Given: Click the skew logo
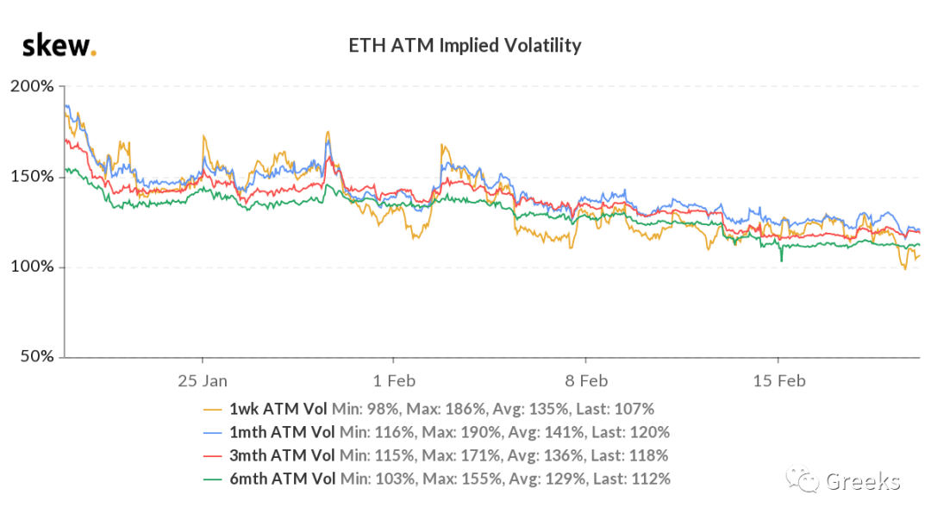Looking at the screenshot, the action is (59, 46).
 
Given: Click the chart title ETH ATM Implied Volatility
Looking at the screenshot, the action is (465, 46).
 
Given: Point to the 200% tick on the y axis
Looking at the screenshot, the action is (32, 86).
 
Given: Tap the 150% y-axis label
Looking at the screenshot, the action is (32, 177).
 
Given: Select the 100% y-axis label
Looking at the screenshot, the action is (32, 266).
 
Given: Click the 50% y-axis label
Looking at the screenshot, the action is (37, 356).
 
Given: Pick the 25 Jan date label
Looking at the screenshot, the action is (203, 381).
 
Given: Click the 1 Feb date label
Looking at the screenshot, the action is (394, 381).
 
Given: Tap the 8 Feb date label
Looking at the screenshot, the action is (586, 381).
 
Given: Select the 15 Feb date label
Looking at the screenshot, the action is (779, 381).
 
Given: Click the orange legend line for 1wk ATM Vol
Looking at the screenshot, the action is (213, 410).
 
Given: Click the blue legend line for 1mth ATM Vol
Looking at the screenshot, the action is (213, 433).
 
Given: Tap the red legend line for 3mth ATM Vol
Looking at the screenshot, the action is (213, 456).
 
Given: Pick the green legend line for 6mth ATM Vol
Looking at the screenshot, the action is (213, 479).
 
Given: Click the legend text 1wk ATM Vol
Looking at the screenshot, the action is (278, 409).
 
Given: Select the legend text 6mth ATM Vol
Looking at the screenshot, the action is (283, 479).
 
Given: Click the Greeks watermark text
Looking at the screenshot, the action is (863, 481).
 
